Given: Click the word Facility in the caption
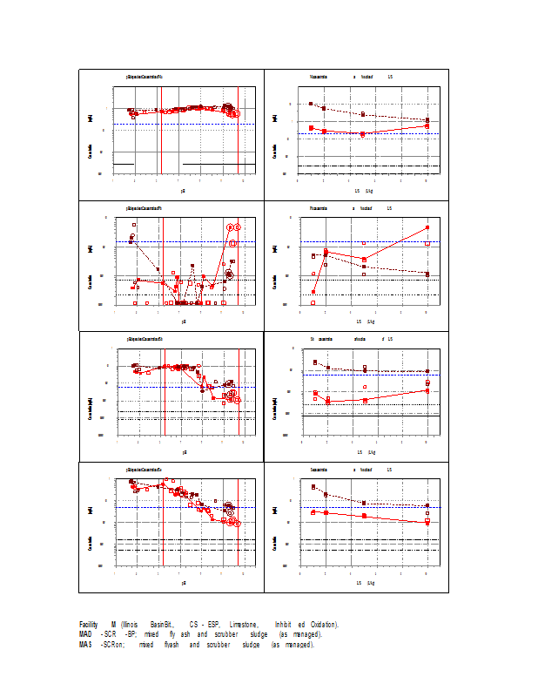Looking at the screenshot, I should pyautogui.click(x=88, y=625).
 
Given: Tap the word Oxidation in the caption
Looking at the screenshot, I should pyautogui.click(x=320, y=625).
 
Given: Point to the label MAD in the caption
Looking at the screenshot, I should pyautogui.click(x=85, y=634).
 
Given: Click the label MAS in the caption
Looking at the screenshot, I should pyautogui.click(x=85, y=645).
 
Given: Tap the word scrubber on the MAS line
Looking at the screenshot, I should pyautogui.click(x=223, y=645).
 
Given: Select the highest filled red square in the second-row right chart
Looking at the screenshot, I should pyautogui.click(x=427, y=227).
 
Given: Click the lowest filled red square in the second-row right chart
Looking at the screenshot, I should pyautogui.click(x=313, y=292).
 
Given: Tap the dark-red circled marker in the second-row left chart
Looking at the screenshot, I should pyautogui.click(x=229, y=274).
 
